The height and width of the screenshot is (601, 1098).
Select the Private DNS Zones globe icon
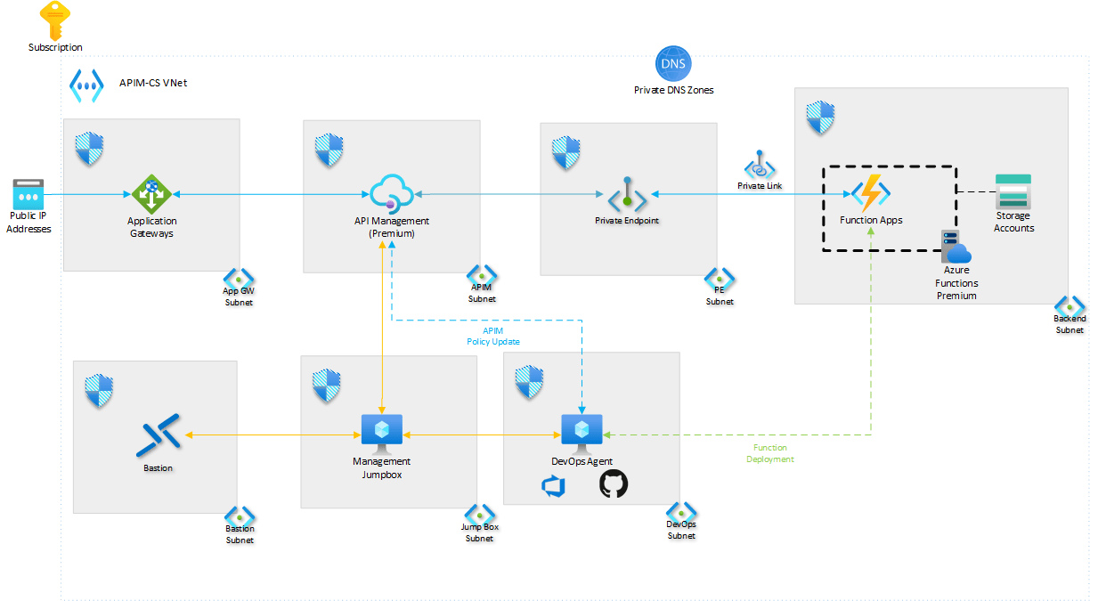click(673, 64)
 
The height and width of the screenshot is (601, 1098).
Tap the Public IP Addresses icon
click(28, 194)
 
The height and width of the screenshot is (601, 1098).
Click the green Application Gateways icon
click(151, 193)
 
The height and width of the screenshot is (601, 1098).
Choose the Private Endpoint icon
click(627, 194)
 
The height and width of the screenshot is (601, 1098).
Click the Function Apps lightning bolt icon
click(870, 193)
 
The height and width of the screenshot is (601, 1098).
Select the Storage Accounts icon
click(1013, 191)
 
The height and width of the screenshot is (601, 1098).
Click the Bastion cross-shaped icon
click(159, 435)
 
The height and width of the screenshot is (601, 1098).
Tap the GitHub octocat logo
click(614, 484)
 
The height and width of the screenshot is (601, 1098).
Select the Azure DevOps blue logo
click(554, 485)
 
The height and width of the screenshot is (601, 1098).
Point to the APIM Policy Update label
click(493, 337)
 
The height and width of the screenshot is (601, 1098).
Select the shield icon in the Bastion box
click(100, 390)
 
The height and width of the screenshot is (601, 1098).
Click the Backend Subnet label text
click(1070, 324)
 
